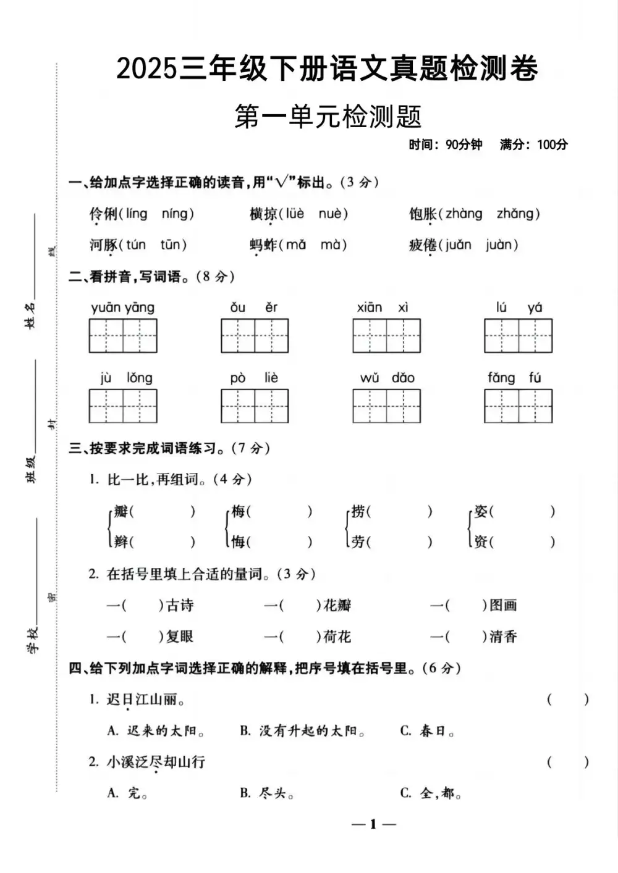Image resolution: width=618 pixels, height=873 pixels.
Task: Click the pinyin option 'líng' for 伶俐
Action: point(137,214)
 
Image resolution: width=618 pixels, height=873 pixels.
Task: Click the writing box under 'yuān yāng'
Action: point(123,336)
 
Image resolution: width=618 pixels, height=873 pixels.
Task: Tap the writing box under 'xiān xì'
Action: point(386,336)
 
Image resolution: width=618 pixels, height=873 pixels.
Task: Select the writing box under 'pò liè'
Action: point(255,406)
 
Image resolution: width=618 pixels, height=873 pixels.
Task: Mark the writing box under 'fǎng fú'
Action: point(518,406)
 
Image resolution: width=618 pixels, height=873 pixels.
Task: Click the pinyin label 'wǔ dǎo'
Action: point(387,378)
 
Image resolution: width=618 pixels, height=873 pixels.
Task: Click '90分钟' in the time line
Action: point(463,145)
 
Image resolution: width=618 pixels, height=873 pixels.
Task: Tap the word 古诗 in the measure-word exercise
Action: point(180,606)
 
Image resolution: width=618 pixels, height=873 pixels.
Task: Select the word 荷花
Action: point(337,637)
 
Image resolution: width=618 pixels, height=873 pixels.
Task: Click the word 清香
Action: point(503,637)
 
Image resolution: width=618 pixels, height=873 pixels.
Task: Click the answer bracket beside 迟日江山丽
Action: point(567,700)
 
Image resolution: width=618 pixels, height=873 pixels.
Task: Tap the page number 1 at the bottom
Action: point(373,825)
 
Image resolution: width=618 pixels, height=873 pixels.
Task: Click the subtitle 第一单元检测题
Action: point(328,117)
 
